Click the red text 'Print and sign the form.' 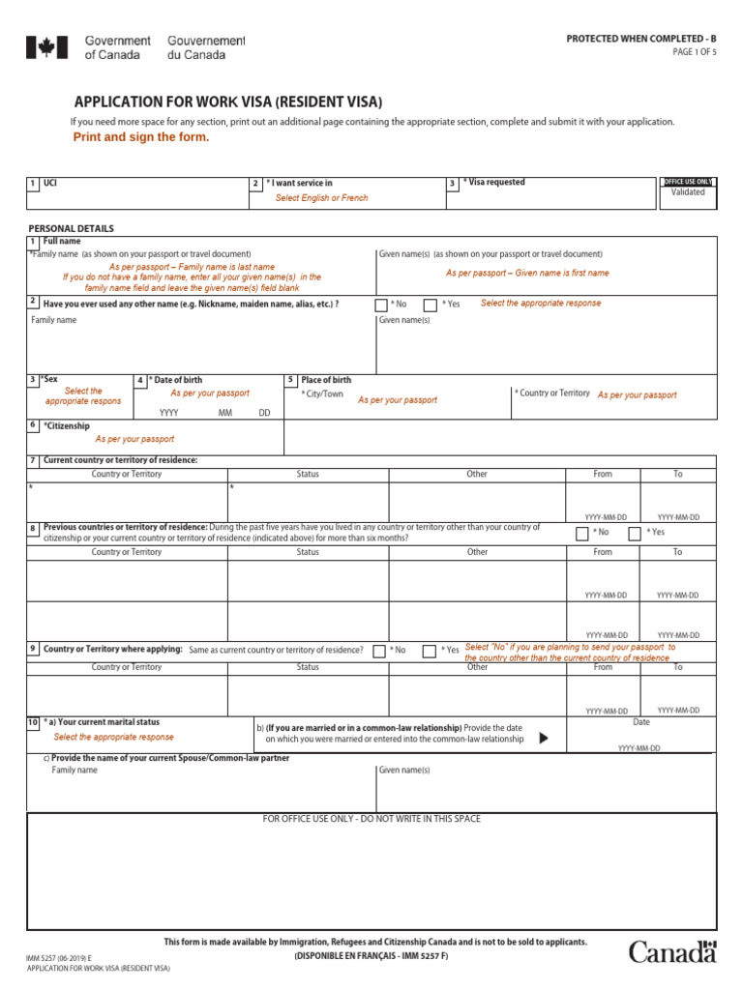[x=141, y=137]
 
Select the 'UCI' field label [x=50, y=183]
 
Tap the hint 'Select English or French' [x=321, y=198]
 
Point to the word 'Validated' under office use [x=688, y=192]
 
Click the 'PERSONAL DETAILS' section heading [x=71, y=229]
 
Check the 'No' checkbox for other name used [x=381, y=305]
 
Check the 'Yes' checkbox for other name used [x=430, y=305]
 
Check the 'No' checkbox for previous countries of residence [x=581, y=533]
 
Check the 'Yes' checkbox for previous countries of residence [x=635, y=533]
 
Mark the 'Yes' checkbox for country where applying [x=430, y=651]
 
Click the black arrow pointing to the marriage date [x=543, y=738]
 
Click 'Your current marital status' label [x=103, y=722]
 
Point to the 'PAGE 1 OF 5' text [x=695, y=52]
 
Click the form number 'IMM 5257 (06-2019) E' [x=60, y=957]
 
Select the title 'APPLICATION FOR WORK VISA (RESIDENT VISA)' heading [x=228, y=102]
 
